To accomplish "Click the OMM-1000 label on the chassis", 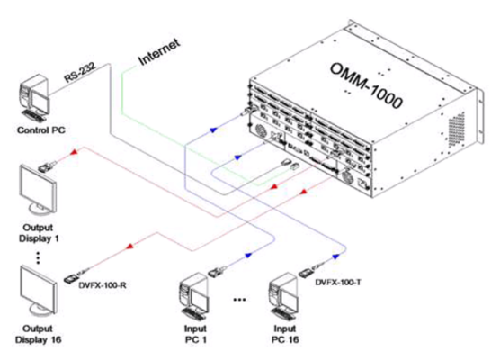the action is point(366,85).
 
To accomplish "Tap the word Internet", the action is point(159,51).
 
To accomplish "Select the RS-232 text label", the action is point(80,73).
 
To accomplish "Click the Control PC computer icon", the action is point(34,98).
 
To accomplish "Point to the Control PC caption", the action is point(41,130).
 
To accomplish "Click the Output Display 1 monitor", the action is point(38,190).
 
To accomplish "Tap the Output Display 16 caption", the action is point(38,334).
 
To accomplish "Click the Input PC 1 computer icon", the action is point(193,296).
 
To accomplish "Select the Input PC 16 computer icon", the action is point(283,296).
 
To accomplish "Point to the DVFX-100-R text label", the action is point(103,285).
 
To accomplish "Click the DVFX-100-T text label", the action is point(338,283).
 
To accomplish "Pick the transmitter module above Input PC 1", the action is point(217,271).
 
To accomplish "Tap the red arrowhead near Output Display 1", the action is point(74,152).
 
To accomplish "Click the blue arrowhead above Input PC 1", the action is point(248,256).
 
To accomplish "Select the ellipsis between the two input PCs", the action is point(239,300).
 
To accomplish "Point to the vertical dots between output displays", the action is point(38,257).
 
